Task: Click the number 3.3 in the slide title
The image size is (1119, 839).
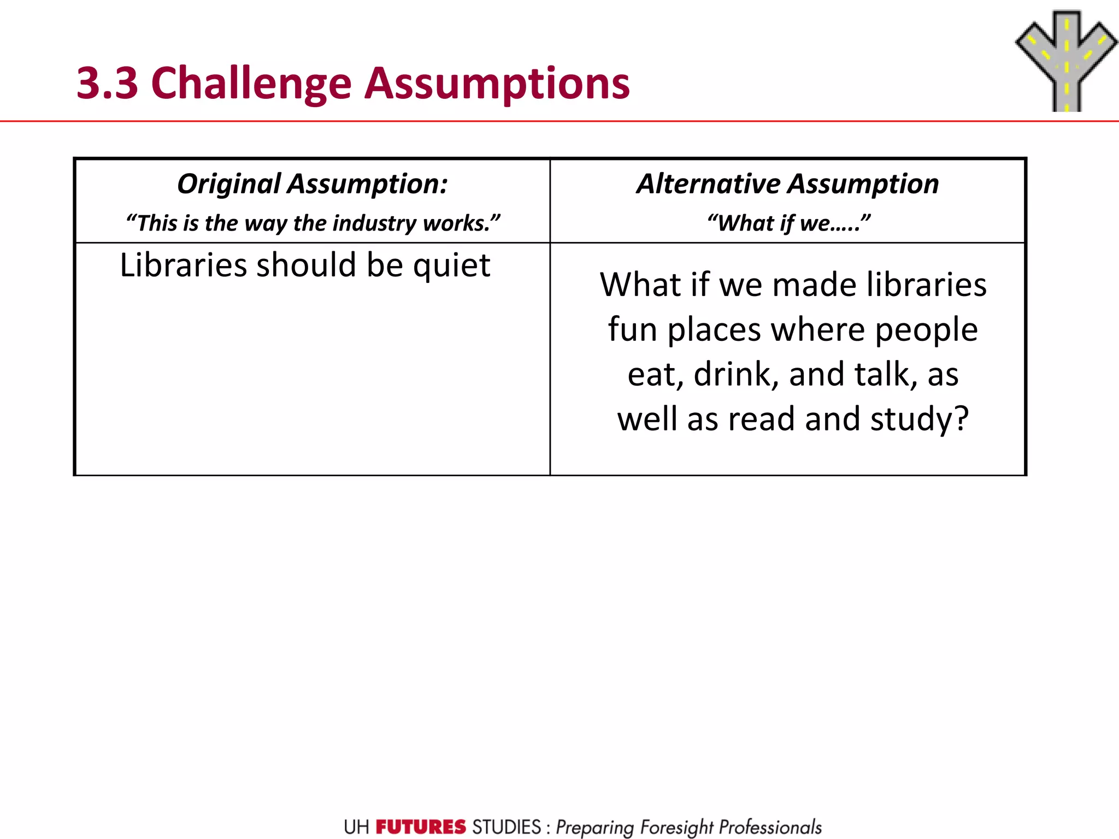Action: click(x=108, y=84)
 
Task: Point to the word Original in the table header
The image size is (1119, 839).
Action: click(x=229, y=184)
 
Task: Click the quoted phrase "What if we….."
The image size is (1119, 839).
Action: click(x=788, y=223)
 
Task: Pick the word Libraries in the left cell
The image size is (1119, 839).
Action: click(x=184, y=265)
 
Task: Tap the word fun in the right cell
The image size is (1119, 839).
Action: click(x=632, y=330)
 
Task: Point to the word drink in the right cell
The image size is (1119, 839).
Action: click(x=735, y=375)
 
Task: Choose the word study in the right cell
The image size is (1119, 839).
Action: click(x=918, y=420)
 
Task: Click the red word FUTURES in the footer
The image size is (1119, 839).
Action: click(x=421, y=827)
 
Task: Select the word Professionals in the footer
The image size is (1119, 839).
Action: click(x=770, y=828)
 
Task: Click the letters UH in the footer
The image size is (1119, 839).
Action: click(x=356, y=827)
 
